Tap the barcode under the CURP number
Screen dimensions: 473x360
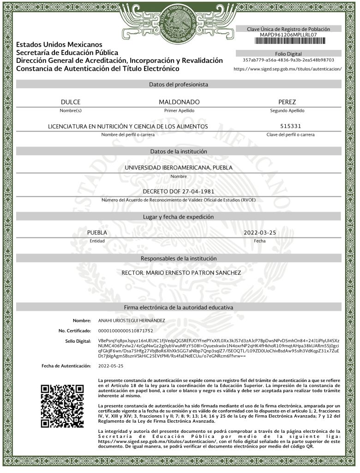pos(288,41)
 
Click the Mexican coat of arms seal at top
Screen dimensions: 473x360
pos(178,22)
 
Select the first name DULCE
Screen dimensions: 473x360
pos(71,102)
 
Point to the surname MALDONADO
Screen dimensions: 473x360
pos(179,102)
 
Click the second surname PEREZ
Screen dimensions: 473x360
pos(287,102)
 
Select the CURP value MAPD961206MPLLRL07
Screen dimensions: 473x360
pos(288,35)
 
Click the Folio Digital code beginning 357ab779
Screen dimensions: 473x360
pos(288,60)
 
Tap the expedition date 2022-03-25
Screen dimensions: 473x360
pos(259,233)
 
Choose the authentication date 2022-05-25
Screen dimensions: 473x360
pos(111,366)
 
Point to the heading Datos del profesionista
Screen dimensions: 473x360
pos(179,85)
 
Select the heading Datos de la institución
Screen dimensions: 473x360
pos(179,152)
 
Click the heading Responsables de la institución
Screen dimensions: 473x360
pos(179,259)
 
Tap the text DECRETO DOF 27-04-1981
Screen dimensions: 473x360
pos(179,191)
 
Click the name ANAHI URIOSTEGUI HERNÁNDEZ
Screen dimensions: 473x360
pos(132,320)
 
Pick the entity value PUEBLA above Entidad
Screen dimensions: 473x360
pos(97,233)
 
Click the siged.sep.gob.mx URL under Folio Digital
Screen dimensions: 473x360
pos(288,69)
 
